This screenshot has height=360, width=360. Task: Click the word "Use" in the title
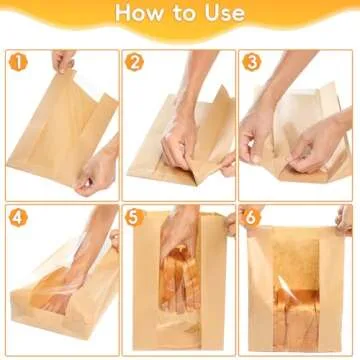pyautogui.click(x=226, y=14)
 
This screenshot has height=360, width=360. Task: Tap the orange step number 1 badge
pyautogui.click(x=17, y=62)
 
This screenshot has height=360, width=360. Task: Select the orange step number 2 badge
pyautogui.click(x=135, y=62)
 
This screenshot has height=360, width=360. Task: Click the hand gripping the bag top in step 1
pyautogui.click(x=64, y=61)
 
